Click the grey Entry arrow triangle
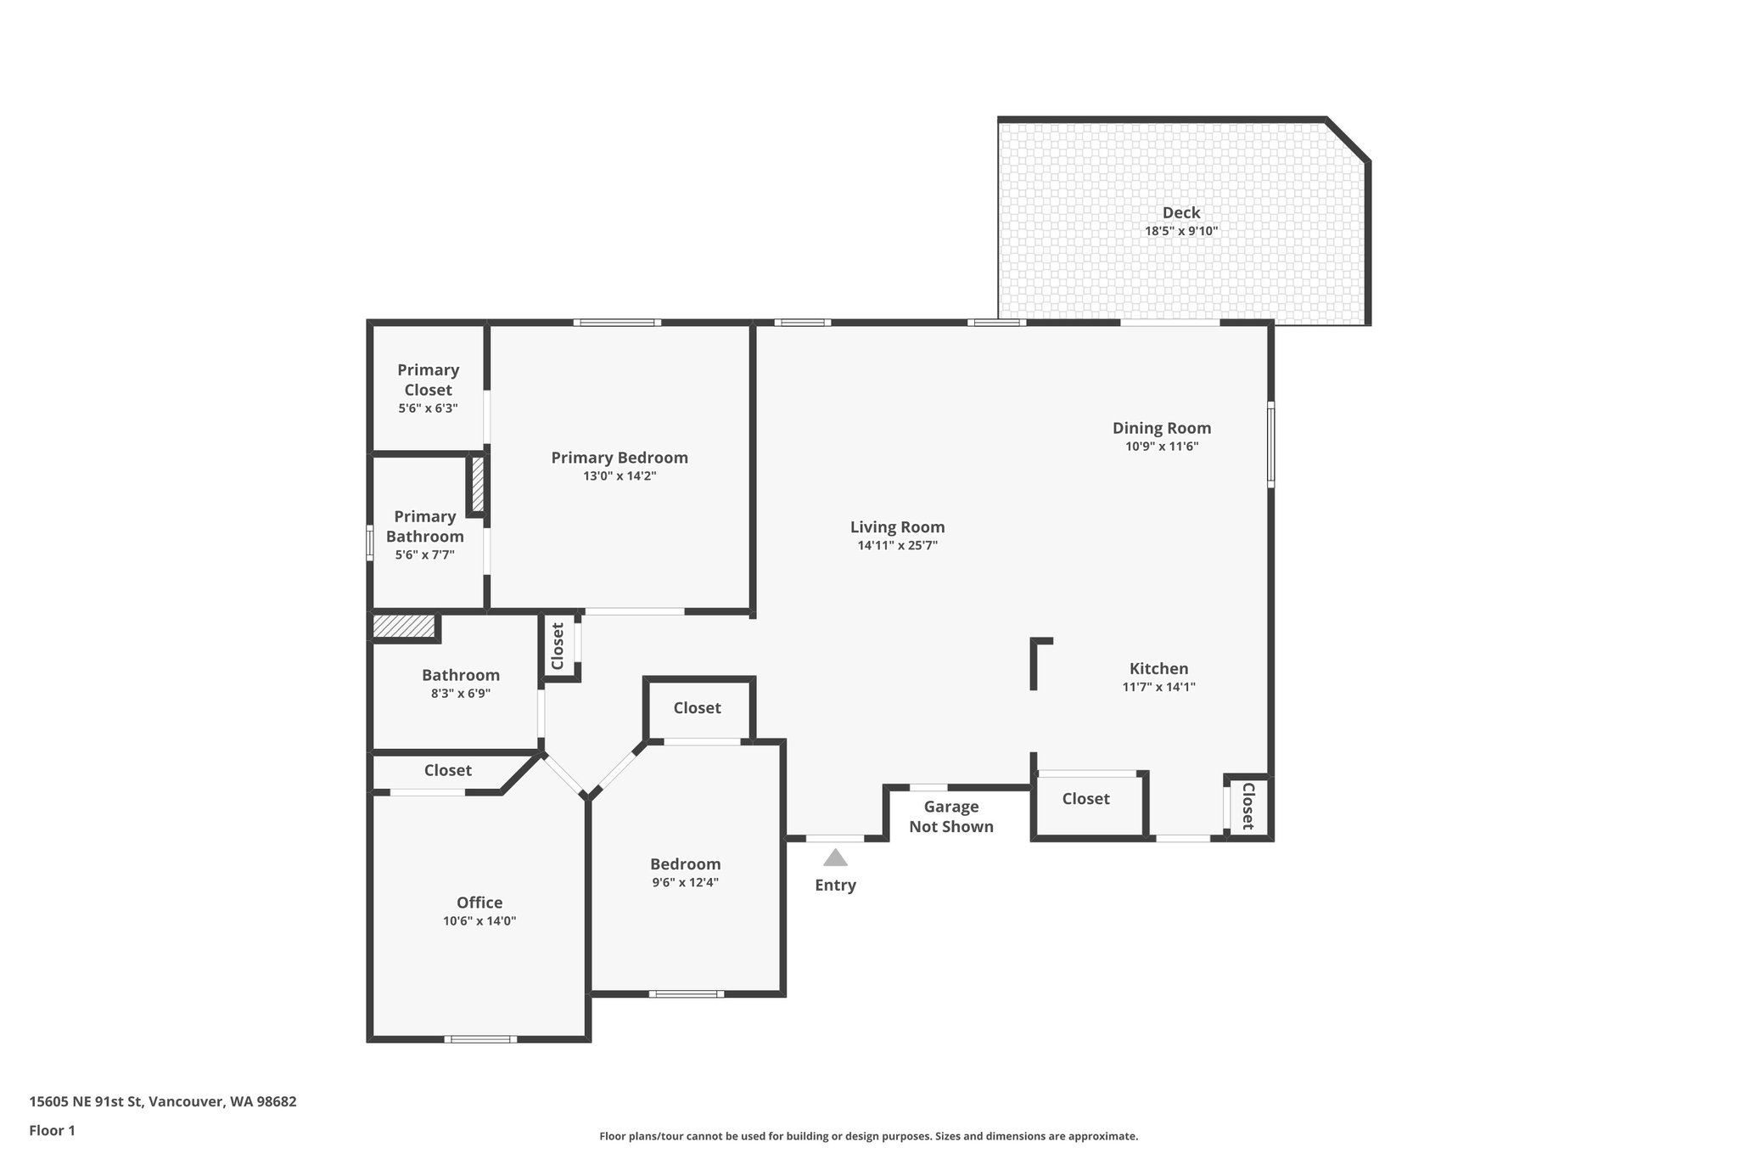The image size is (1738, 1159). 835,858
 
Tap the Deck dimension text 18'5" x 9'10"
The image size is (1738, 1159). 1181,231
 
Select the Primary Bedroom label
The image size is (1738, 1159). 620,458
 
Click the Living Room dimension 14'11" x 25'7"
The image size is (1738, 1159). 897,546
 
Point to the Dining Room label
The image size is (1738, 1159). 1162,428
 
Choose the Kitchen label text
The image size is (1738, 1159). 1158,668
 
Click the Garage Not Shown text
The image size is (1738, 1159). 951,817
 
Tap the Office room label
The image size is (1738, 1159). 479,903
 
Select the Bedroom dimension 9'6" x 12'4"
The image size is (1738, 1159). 685,882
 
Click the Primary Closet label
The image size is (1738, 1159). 428,380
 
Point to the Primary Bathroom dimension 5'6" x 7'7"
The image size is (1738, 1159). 424,555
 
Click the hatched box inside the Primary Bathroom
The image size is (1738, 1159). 478,484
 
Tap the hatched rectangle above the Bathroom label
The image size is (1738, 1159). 404,626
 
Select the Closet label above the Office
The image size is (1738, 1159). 447,770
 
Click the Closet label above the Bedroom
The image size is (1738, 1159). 697,708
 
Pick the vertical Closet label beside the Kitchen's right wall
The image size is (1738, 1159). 1248,806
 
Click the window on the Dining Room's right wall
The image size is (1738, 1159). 1270,444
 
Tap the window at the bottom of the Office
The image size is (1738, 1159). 480,1038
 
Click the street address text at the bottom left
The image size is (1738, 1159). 163,1101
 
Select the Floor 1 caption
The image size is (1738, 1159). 53,1130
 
